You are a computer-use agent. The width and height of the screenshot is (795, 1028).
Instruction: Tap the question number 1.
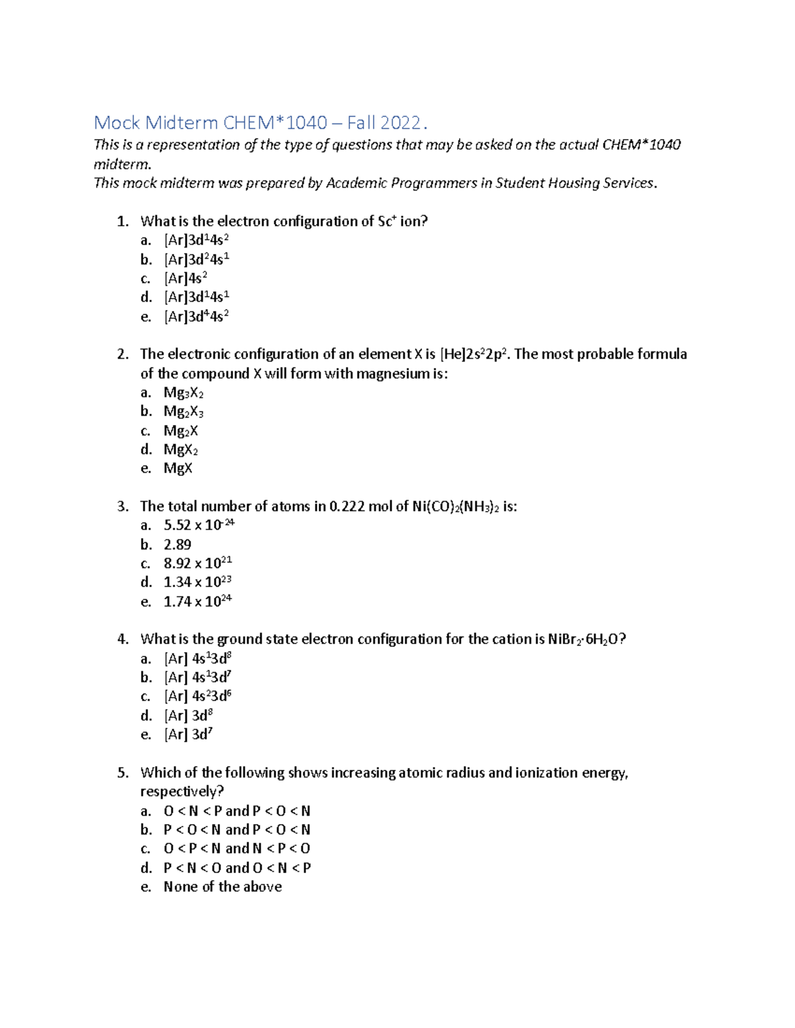(x=123, y=222)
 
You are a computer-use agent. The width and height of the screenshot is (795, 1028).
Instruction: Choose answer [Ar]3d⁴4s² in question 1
(x=197, y=316)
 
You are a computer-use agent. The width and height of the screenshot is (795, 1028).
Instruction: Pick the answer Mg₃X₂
(x=184, y=393)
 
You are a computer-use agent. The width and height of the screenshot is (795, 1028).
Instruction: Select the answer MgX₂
(x=181, y=450)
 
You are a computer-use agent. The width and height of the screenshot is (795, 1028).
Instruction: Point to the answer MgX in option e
(x=178, y=469)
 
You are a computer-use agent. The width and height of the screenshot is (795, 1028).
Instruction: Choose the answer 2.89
(x=178, y=545)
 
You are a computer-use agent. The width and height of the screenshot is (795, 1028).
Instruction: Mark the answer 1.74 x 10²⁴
(x=197, y=602)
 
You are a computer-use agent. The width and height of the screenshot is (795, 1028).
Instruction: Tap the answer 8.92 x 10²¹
(x=197, y=563)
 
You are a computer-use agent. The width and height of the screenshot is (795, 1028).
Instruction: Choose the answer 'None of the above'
(x=223, y=887)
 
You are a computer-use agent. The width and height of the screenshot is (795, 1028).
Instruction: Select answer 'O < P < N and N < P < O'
(x=237, y=849)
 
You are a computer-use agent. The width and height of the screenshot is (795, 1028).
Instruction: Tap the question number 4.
(x=123, y=639)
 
